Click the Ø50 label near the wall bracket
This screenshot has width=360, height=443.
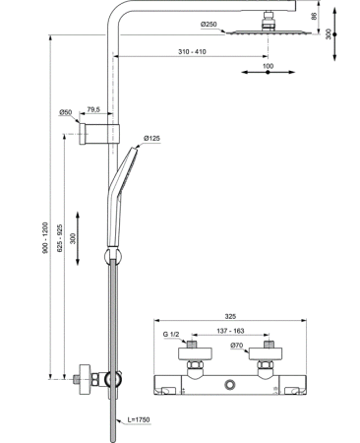click(x=66, y=112)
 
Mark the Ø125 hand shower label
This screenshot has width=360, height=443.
click(x=151, y=138)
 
